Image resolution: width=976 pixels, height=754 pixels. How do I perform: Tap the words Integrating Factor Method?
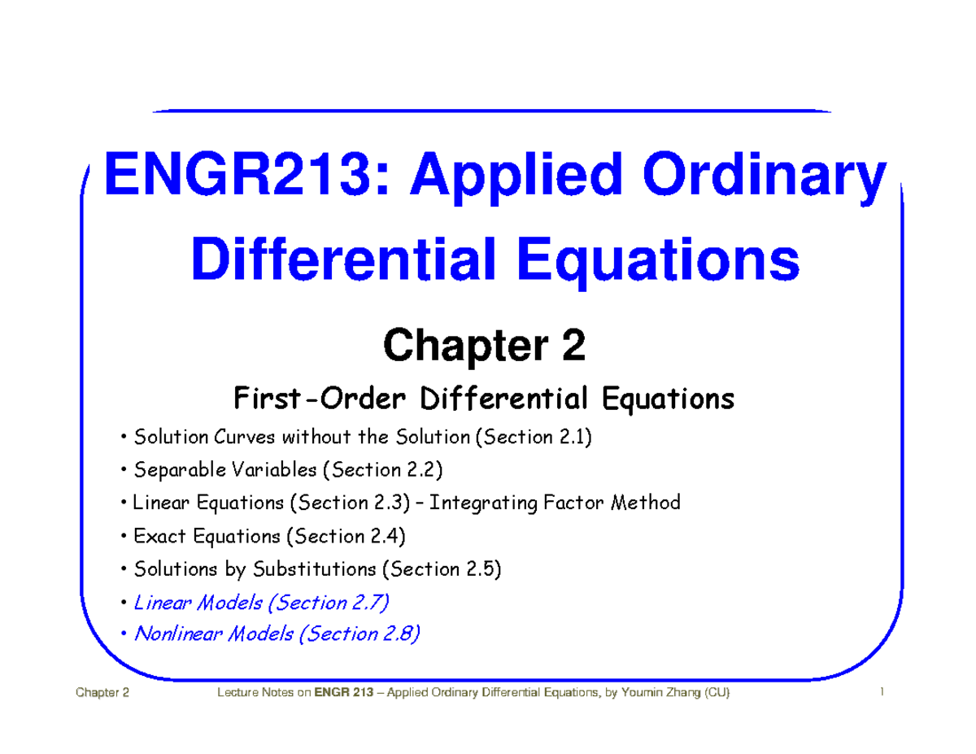click(555, 503)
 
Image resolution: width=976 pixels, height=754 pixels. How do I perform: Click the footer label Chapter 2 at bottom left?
click(102, 693)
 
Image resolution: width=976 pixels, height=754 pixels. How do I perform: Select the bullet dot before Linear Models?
click(123, 604)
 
